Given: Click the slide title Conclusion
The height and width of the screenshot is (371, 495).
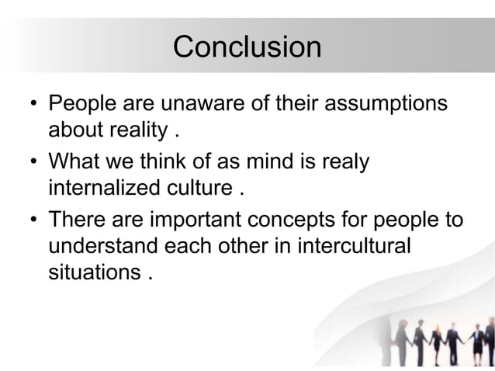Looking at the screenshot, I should click(247, 47).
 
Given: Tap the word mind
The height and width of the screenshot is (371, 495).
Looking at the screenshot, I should click(292, 162).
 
